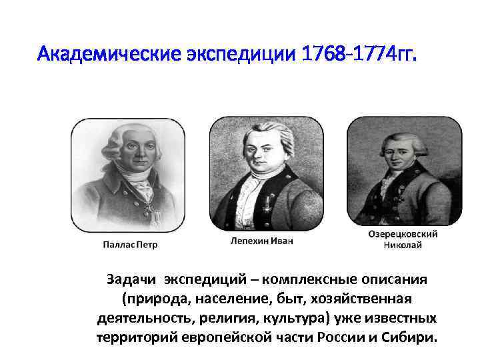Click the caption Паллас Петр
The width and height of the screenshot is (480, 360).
pyautogui.click(x=130, y=245)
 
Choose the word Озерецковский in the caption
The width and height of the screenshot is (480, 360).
pyautogui.click(x=403, y=235)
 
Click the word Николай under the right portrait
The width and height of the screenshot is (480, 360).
pyautogui.click(x=403, y=245)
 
